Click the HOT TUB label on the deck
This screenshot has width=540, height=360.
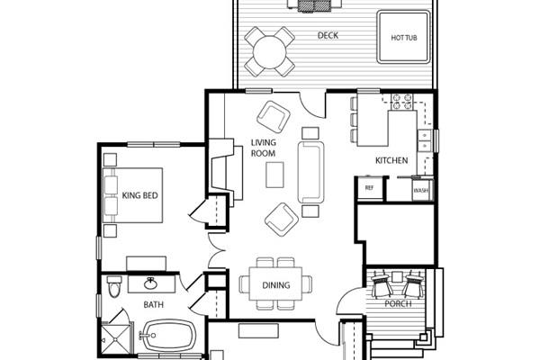point(404,38)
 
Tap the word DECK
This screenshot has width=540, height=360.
point(328,35)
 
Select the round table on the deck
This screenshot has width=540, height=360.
point(270,51)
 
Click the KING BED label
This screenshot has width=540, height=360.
point(139,195)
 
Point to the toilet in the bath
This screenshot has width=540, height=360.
point(113,286)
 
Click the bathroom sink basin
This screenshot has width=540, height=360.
point(150,283)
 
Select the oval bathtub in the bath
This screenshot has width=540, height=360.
point(169,335)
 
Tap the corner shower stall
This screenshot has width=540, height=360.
point(116,339)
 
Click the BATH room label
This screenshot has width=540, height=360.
point(154,304)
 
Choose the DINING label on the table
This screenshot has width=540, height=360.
point(276,285)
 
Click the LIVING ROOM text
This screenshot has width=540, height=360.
point(263,148)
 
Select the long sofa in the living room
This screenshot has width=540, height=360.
point(311,172)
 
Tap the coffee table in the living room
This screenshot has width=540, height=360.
point(274,175)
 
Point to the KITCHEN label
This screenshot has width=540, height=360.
point(391,160)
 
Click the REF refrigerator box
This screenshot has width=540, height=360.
point(370,188)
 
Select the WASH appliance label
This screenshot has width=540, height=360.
point(421,190)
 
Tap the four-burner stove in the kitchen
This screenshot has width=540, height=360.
point(402,102)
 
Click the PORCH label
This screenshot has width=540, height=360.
point(398,303)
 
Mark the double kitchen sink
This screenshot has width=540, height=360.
point(425,140)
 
